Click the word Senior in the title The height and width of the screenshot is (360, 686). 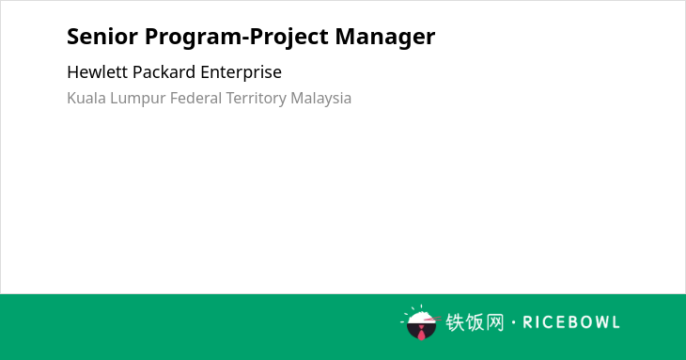coord(102,37)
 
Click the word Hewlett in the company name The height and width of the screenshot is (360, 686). coord(97,72)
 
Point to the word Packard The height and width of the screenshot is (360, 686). coord(164,72)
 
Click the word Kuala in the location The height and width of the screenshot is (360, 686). coord(86,98)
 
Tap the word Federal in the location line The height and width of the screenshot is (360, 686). coord(196,98)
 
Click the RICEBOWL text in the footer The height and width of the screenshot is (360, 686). coord(571,322)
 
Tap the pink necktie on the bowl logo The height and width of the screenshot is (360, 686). coord(421,333)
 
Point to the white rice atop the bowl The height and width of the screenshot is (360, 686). coord(420,317)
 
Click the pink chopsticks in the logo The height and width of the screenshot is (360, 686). coord(432,320)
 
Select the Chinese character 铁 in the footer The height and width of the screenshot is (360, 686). coord(455,322)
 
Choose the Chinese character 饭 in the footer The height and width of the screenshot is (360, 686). coord(475,322)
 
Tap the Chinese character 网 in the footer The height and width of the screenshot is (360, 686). coord(495,322)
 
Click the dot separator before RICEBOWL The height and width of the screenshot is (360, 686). coord(513,322)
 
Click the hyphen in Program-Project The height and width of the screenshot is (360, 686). coord(246,39)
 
